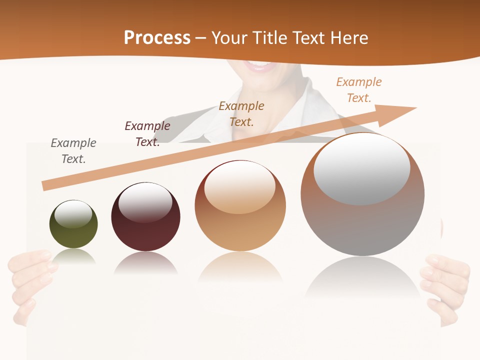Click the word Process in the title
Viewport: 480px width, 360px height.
[x=157, y=38]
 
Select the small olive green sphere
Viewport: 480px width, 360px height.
[x=73, y=227]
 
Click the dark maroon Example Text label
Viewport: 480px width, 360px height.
[x=147, y=134]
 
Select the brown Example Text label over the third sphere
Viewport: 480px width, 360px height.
[x=241, y=114]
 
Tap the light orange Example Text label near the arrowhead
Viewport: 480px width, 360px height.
[x=358, y=90]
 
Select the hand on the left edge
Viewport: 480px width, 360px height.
[x=30, y=280]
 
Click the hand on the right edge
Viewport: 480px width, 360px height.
[x=445, y=285]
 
